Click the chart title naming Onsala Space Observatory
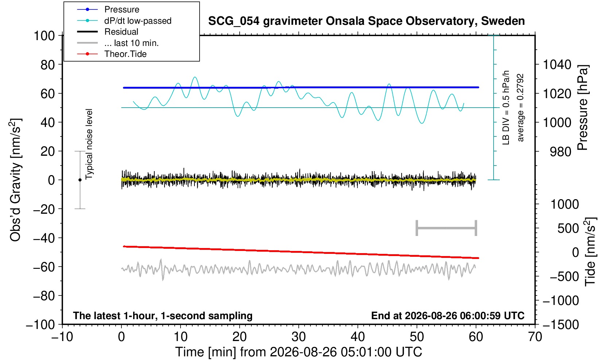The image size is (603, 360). pos(366,21)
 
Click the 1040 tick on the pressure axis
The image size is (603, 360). pos(557,65)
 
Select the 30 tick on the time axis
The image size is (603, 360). pos(298,337)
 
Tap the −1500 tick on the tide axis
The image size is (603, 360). pos(561,325)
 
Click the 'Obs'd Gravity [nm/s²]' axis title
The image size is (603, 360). pos(16,180)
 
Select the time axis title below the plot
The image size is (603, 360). pos(298,352)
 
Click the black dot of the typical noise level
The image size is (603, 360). pos(80,180)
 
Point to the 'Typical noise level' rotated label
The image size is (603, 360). pos(89,144)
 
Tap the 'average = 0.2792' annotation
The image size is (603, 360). pos(520,108)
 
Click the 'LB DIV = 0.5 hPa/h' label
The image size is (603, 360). pos(506,108)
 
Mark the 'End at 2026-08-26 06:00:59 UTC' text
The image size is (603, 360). pos(448,316)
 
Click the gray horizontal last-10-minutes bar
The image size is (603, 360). pos(447,228)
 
